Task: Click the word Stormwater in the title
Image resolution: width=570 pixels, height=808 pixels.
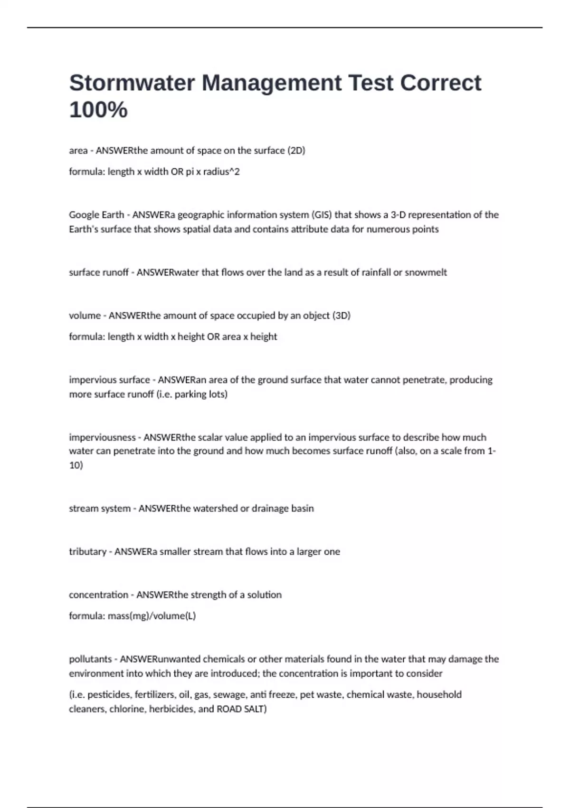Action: pyautogui.click(x=132, y=83)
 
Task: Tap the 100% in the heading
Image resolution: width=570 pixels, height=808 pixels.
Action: pyautogui.click(x=98, y=110)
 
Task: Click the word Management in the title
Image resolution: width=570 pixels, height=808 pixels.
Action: pyautogui.click(x=272, y=83)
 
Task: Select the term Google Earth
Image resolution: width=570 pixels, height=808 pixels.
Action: pyautogui.click(x=96, y=215)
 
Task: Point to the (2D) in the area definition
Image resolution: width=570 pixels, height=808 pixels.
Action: pyautogui.click(x=296, y=151)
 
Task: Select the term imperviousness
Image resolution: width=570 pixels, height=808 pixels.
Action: pyautogui.click(x=102, y=437)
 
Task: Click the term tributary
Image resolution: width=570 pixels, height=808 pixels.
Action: pyautogui.click(x=88, y=552)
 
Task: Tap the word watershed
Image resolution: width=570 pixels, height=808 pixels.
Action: pyautogui.click(x=215, y=509)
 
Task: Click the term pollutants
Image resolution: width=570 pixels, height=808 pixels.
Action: pyautogui.click(x=90, y=659)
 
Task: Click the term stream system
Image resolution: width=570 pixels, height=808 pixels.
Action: pyautogui.click(x=100, y=509)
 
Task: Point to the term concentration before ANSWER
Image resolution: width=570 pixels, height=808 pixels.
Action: pyautogui.click(x=98, y=595)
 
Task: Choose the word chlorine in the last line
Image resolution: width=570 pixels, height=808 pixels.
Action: pyautogui.click(x=127, y=709)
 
